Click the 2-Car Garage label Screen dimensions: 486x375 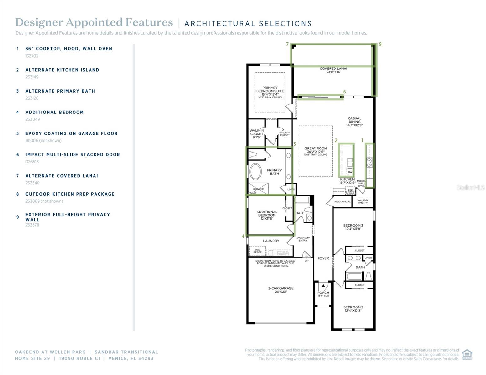point(280,290)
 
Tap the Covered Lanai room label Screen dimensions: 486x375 point(333,70)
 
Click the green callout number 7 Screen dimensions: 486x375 point(287,44)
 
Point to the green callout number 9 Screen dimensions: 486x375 point(380,44)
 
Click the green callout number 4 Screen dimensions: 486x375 point(243,236)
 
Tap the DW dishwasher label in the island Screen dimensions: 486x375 point(350,172)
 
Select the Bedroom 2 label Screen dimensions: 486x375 point(353,309)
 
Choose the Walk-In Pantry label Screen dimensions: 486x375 point(363,202)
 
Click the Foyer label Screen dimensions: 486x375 point(323,258)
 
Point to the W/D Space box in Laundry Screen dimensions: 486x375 point(257,251)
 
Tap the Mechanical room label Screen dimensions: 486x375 point(342,202)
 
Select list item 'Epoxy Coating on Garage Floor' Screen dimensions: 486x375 point(71,133)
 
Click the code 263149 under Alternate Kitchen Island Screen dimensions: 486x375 point(32,77)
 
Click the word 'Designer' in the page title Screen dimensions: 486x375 point(38,22)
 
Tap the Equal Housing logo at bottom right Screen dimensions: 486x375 point(467,355)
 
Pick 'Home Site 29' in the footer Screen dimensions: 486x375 point(32,358)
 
